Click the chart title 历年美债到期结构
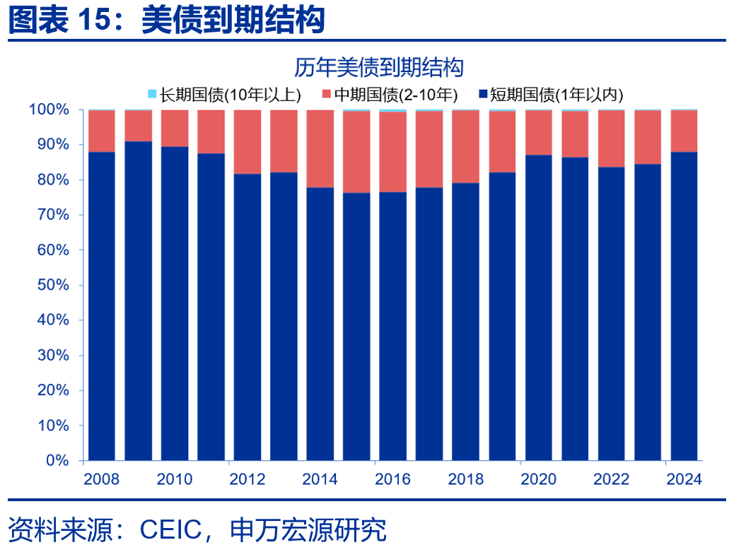click(378, 68)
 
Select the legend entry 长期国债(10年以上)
click(225, 94)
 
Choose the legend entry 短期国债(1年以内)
click(551, 94)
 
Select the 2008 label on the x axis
click(101, 479)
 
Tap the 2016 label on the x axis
click(392, 479)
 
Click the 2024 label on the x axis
click(684, 479)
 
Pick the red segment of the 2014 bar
click(320, 148)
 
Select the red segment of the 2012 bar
click(247, 142)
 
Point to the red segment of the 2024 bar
click(684, 131)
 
